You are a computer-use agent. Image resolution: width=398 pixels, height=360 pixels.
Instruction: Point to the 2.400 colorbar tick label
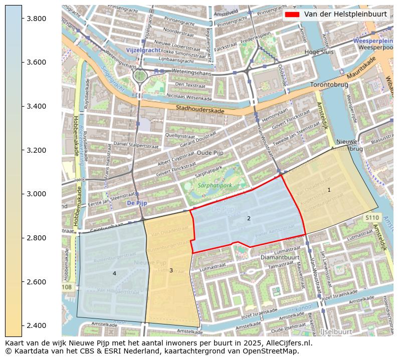click(36, 326)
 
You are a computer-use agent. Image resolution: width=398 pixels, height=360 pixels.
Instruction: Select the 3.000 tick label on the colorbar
click(36, 194)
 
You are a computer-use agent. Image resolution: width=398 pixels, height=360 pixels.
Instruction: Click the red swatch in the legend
click(292, 15)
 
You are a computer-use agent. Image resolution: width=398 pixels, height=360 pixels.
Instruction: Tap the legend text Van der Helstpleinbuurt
click(345, 15)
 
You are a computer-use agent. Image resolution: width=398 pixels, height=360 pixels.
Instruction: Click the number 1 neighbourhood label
click(329, 190)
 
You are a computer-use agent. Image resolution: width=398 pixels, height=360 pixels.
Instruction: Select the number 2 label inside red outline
click(249, 219)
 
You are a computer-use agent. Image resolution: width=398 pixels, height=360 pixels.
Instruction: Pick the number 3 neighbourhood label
click(171, 271)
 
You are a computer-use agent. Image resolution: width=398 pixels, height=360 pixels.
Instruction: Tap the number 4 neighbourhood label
click(114, 273)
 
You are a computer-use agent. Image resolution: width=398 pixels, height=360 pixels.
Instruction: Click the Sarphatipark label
click(215, 185)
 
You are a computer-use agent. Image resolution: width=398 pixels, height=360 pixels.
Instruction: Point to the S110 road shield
click(372, 218)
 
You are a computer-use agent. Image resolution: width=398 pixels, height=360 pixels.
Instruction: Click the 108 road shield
click(68, 287)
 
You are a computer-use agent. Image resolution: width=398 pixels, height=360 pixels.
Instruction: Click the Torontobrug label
click(329, 85)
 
